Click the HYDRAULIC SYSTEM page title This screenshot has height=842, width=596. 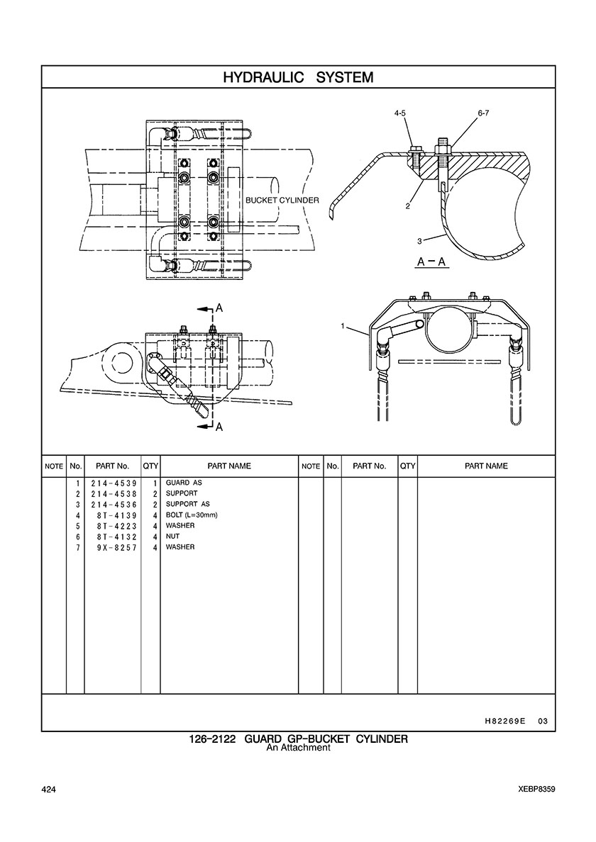pyautogui.click(x=298, y=77)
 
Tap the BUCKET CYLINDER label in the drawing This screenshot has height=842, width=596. pyautogui.click(x=282, y=201)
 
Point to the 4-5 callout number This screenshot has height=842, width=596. pyautogui.click(x=400, y=113)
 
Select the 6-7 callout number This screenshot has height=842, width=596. pyautogui.click(x=483, y=113)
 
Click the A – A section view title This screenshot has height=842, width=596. pyautogui.click(x=433, y=262)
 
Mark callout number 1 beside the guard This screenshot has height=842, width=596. pyautogui.click(x=342, y=325)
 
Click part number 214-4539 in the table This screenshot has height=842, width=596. pyautogui.click(x=114, y=483)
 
